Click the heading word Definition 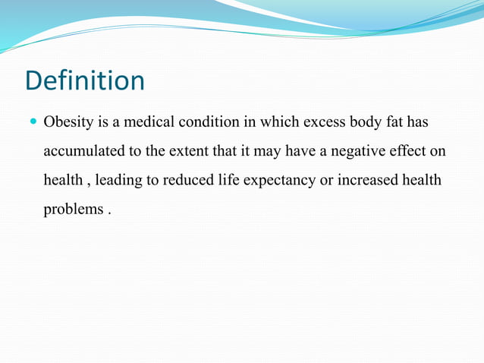pyautogui.click(x=84, y=80)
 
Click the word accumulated pyautogui.click(x=83, y=150)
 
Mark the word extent pyautogui.click(x=187, y=150)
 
